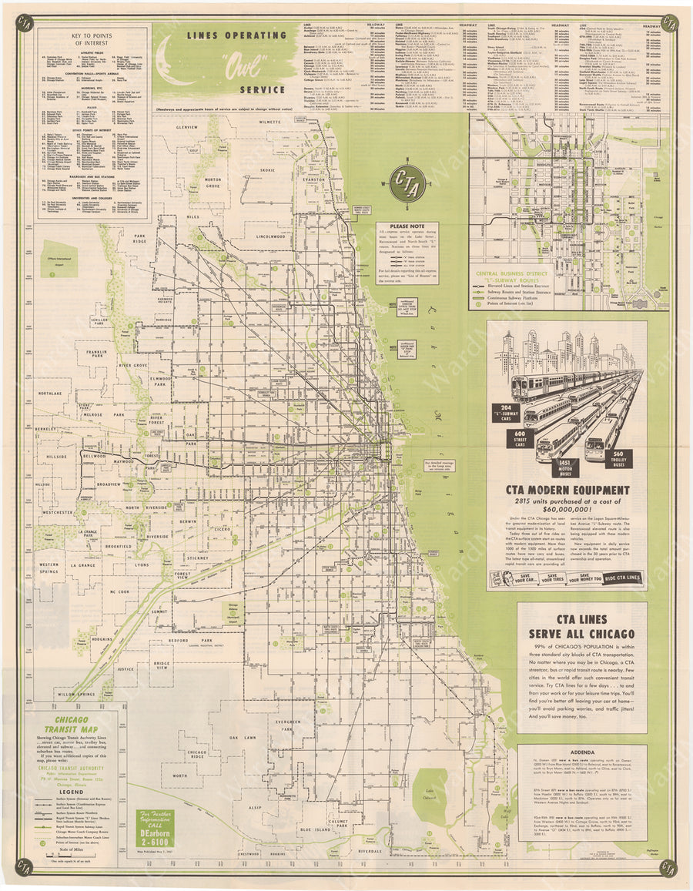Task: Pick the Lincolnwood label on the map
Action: [271, 236]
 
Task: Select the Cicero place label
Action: [221, 530]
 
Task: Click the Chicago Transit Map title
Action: [71, 726]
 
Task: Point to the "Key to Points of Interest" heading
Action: [93, 39]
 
